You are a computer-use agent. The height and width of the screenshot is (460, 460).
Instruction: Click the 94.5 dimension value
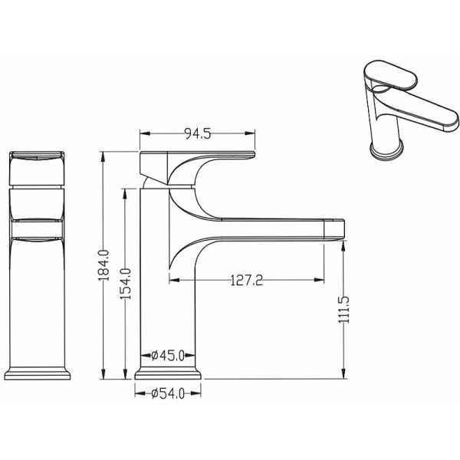(198, 133)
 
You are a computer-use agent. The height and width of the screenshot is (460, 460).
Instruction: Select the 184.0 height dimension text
(103, 265)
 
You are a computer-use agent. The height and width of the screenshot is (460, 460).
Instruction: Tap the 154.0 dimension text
(126, 284)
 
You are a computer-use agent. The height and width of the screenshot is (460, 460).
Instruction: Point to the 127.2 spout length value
(246, 280)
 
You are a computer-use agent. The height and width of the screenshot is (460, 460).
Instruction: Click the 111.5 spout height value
(343, 309)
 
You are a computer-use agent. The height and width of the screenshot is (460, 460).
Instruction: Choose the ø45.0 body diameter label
(168, 356)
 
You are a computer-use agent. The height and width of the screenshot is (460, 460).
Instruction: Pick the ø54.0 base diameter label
(168, 393)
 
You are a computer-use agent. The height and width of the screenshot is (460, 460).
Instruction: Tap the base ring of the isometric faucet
(386, 150)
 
